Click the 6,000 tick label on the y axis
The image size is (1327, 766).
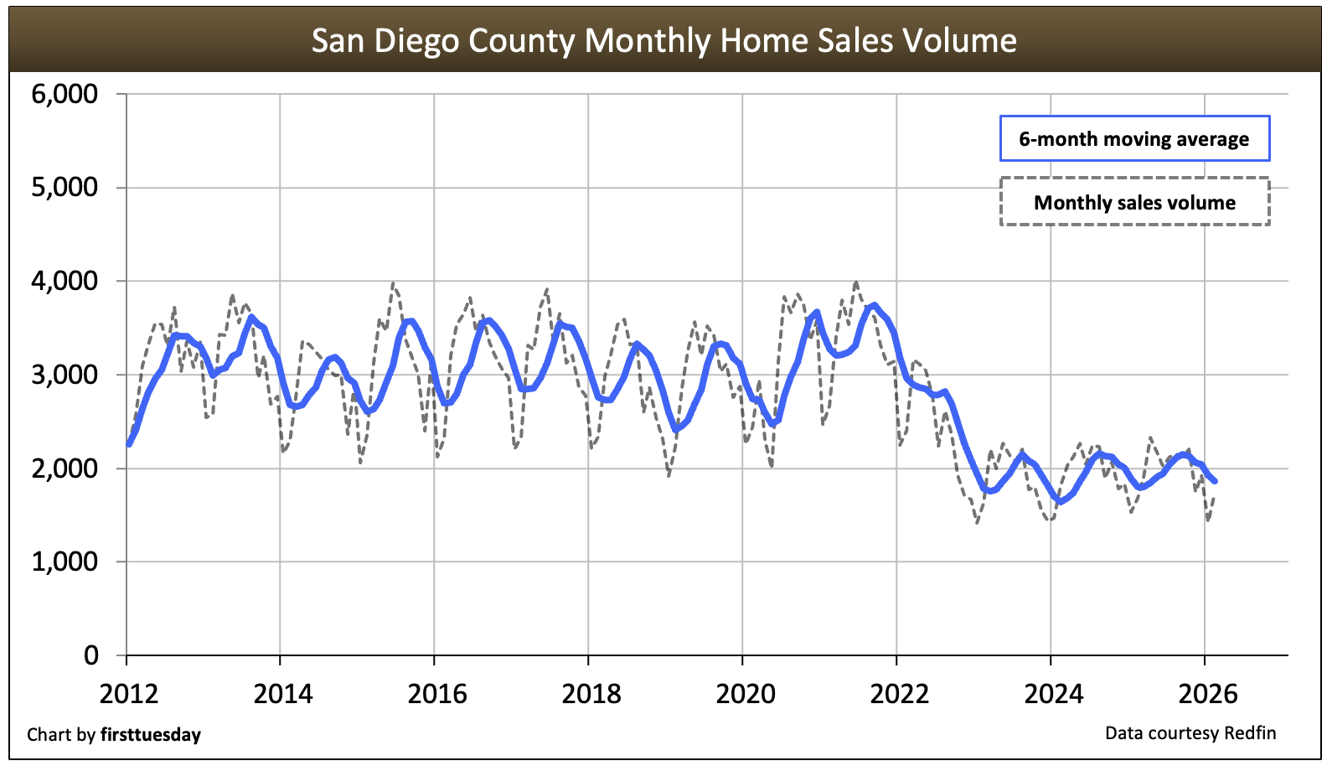point(65,94)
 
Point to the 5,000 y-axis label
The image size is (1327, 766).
point(65,187)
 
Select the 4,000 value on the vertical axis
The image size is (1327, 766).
point(65,281)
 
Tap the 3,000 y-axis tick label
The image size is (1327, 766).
point(65,375)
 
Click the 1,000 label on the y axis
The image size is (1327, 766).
point(65,562)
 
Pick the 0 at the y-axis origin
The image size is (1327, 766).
point(91,655)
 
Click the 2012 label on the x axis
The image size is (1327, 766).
point(129,694)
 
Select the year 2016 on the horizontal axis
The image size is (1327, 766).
point(437,694)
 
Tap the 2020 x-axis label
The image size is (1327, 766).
point(746,694)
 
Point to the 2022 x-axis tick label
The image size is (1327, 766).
point(900,694)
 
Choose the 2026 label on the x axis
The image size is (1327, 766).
point(1208,694)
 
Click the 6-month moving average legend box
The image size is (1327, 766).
point(1134,139)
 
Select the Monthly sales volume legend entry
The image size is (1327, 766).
point(1134,202)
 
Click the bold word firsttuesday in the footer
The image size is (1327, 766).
point(151,735)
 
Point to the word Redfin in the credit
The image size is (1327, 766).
point(1250,733)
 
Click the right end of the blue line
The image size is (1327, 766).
point(1215,481)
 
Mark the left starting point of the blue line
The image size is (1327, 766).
point(129,443)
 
